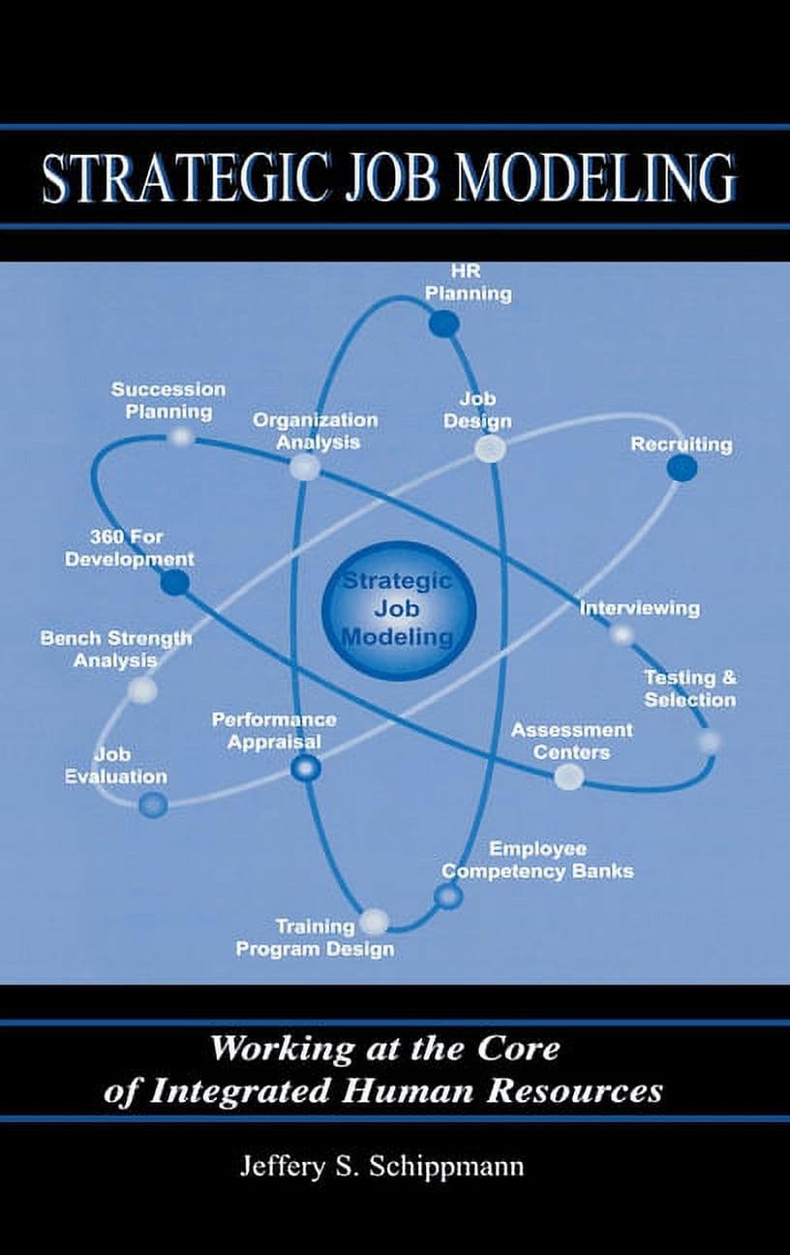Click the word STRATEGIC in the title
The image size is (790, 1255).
click(x=184, y=177)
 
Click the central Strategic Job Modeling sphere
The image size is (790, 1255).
click(x=399, y=610)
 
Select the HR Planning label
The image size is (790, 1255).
click(x=468, y=283)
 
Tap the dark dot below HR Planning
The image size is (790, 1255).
click(x=443, y=323)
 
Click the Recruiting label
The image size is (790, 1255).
click(x=682, y=444)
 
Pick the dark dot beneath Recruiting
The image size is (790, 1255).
click(x=682, y=469)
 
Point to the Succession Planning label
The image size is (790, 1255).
click(x=168, y=401)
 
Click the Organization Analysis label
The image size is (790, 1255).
click(x=316, y=432)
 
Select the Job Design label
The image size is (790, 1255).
click(x=477, y=411)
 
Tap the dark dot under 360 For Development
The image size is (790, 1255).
click(x=175, y=583)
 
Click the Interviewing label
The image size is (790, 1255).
click(x=639, y=608)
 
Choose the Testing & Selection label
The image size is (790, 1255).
click(x=689, y=689)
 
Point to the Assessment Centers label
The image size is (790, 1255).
click(x=571, y=741)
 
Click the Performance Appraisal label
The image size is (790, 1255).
click(x=274, y=730)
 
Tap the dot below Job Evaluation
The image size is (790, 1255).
click(x=153, y=805)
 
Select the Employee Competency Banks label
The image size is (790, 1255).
click(x=538, y=860)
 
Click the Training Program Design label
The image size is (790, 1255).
click(x=315, y=938)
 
